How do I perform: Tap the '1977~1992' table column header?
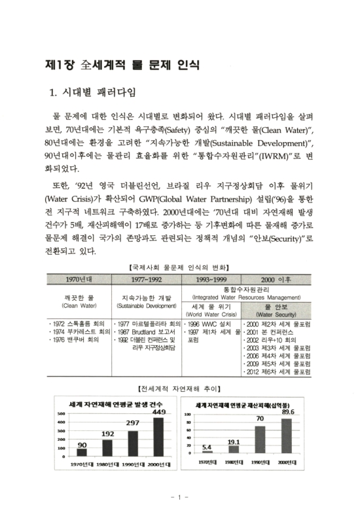click(x=147, y=278)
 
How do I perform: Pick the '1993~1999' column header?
click(x=211, y=278)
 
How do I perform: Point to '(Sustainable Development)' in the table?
click(x=147, y=305)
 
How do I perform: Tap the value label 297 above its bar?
click(x=134, y=424)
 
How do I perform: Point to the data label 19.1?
click(x=234, y=442)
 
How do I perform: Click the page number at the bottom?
click(x=180, y=498)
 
